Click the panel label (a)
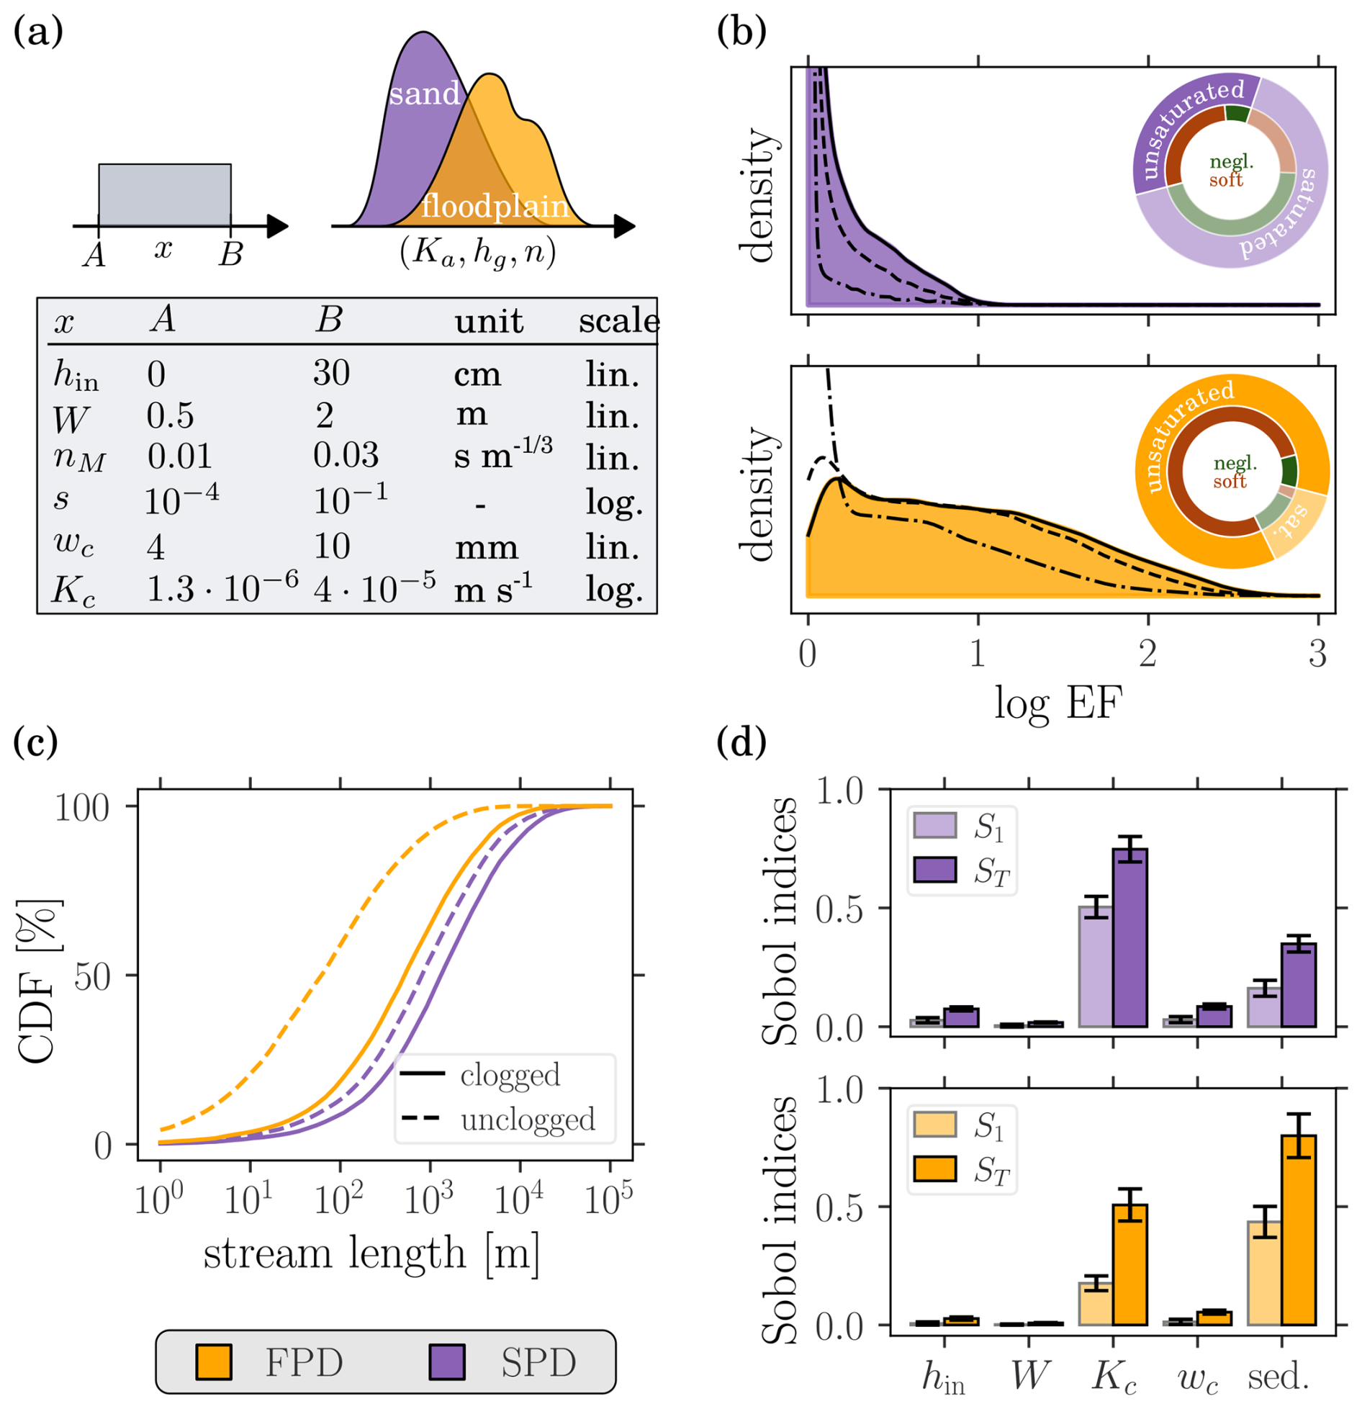point(38,32)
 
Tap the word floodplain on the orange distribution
point(495,207)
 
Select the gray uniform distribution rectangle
point(165,195)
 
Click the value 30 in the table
point(331,373)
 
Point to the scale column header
point(618,320)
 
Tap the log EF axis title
point(1057,703)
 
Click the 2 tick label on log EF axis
point(1147,654)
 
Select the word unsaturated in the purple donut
point(1189,130)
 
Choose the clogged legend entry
point(509,1075)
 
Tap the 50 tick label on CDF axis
point(92,977)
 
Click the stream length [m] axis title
point(371,1253)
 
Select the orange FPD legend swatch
point(214,1362)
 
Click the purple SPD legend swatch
point(447,1362)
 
